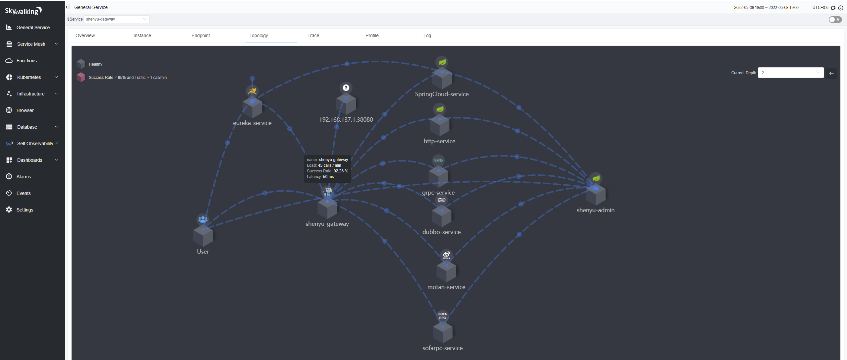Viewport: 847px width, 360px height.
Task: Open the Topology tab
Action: coord(258,35)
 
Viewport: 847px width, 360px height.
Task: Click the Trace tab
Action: coord(313,35)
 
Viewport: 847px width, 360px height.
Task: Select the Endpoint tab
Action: coord(200,35)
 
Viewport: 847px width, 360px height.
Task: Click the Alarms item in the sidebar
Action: coord(24,177)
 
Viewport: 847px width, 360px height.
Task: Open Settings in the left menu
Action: coord(25,210)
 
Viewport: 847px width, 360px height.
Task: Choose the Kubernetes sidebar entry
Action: coord(29,77)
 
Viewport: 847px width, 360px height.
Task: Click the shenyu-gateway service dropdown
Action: coord(116,19)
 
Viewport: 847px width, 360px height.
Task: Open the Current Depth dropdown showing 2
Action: coord(790,73)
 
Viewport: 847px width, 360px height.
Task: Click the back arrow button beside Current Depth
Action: coord(831,73)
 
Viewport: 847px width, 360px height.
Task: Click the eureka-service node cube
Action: coord(252,108)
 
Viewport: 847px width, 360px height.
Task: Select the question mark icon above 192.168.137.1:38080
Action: coord(346,88)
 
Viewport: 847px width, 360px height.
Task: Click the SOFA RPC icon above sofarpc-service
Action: coord(442,316)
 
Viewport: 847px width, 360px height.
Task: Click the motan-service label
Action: coord(446,287)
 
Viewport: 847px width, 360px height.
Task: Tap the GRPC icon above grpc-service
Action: coord(438,160)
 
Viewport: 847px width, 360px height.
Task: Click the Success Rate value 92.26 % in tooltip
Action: coord(341,171)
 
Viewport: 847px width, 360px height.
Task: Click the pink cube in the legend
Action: coord(81,77)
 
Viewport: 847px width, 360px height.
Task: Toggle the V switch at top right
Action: coord(835,20)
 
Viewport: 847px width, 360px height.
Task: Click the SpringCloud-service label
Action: coord(441,94)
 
